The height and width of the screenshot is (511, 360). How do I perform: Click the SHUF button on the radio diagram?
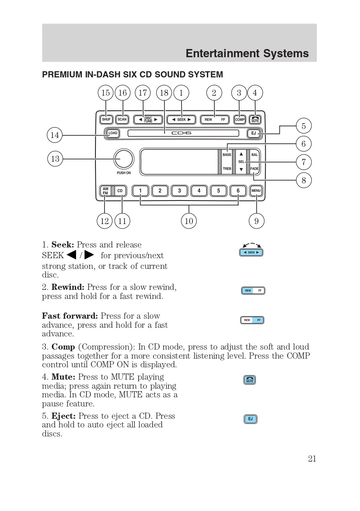pos(106,119)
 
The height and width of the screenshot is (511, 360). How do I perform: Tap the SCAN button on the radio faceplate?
pos(122,119)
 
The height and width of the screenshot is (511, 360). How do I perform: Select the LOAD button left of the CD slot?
pos(112,133)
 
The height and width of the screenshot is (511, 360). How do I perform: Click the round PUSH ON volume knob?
pos(124,159)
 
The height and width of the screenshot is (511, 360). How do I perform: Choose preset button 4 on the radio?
pos(199,191)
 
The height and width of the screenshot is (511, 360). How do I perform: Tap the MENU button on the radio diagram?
pos(256,191)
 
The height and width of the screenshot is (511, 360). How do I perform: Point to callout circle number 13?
pos(55,159)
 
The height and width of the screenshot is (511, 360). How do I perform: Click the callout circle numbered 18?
pos(164,93)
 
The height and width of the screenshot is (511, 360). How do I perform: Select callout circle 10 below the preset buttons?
pos(189,221)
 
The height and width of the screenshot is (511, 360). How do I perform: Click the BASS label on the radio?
pos(227,155)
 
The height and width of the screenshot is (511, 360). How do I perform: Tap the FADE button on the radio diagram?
pos(255,169)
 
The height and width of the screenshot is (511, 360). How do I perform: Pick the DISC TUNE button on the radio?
pos(148,119)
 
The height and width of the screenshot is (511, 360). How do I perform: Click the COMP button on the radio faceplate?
pos(239,119)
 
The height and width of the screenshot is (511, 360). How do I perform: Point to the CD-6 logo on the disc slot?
pos(181,133)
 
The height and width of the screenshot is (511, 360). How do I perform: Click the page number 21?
pos(312,459)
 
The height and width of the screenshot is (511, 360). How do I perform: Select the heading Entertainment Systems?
pos(247,54)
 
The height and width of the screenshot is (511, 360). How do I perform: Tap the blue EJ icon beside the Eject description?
pos(251,419)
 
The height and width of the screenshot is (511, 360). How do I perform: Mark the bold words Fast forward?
pos(70,316)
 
